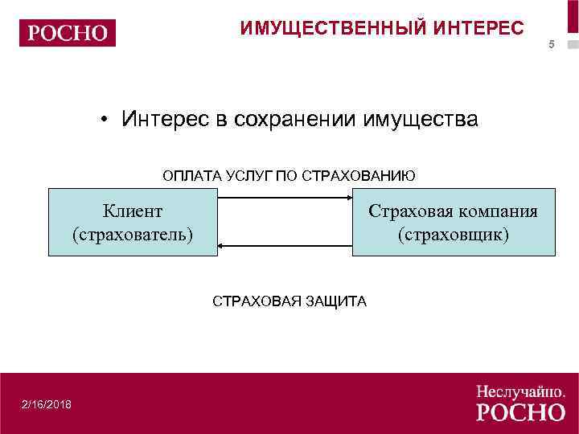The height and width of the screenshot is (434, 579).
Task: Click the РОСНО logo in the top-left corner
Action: [x=68, y=33]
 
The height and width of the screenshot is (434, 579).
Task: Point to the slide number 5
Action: [x=552, y=44]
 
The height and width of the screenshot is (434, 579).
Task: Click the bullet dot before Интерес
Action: [x=105, y=121]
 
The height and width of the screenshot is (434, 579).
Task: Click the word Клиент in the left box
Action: [x=133, y=211]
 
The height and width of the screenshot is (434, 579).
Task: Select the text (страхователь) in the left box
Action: [x=133, y=235]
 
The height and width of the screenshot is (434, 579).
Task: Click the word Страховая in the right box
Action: [x=410, y=211]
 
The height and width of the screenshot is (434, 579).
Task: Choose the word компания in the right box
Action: [x=498, y=211]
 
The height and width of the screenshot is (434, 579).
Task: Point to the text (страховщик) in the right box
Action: [x=454, y=235]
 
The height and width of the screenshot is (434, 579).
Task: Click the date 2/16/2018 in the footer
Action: [x=47, y=403]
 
